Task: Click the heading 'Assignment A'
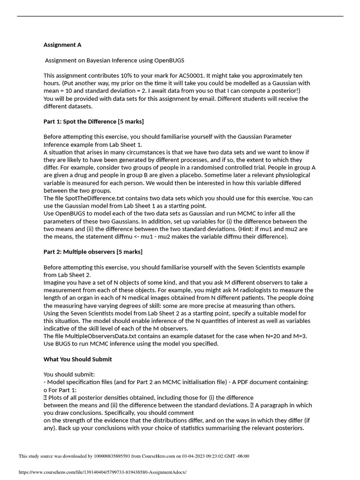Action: pos(62,45)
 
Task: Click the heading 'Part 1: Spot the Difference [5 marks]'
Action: pos(94,121)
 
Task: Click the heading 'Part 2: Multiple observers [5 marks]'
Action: pos(93,252)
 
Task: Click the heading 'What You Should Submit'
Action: pos(78,359)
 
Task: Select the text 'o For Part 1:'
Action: pos(60,390)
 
